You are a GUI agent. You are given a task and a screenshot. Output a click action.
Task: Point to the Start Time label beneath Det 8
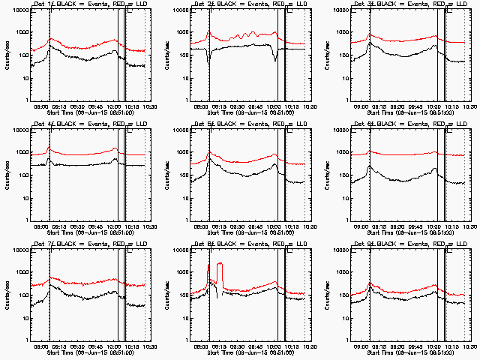(248, 352)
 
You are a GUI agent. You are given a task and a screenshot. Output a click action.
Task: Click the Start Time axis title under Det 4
(88, 232)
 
